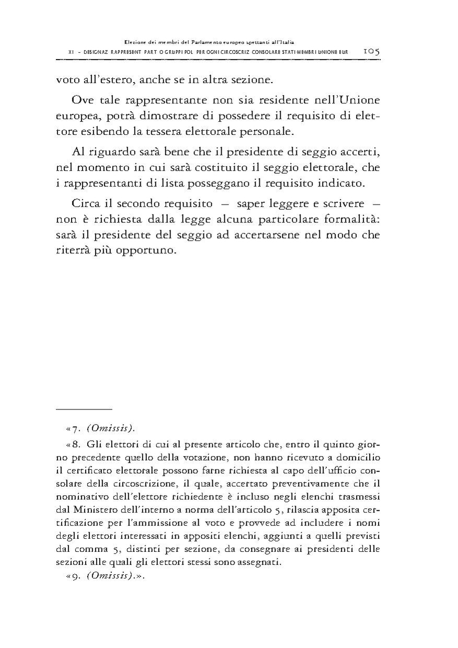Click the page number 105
coord(372,51)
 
